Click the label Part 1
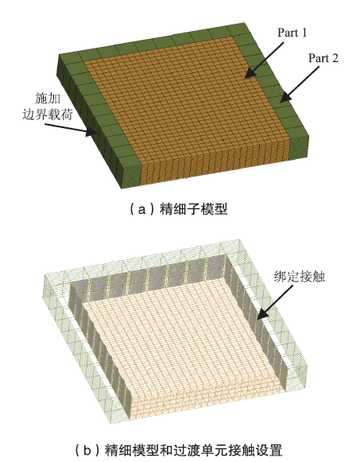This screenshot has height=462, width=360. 292,33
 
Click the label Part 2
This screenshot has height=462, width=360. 323,58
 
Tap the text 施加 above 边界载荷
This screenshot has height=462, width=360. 48,98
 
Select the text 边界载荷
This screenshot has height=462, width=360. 48,114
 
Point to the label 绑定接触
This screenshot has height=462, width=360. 300,277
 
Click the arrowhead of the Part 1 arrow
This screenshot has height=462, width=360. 246,77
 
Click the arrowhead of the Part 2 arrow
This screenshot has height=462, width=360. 281,101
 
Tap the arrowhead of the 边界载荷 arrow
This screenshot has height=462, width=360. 95,134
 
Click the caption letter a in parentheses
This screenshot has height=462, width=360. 142,210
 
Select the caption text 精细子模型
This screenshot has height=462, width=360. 193,209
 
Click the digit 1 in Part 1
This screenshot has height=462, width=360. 304,33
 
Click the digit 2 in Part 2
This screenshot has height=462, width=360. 335,58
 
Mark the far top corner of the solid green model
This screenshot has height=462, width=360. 244,23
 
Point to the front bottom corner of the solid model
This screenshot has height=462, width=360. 122,188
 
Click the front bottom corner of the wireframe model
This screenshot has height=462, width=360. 110,423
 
